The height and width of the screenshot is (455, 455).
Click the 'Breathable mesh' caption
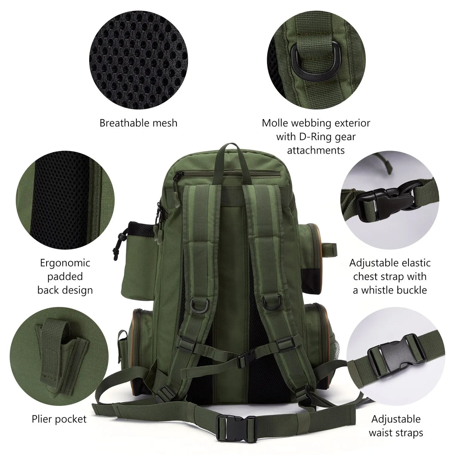click(x=138, y=123)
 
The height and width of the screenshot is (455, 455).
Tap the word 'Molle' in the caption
click(x=277, y=123)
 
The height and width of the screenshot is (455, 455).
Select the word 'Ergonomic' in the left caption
click(x=65, y=263)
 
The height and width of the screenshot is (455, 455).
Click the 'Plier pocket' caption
click(x=59, y=419)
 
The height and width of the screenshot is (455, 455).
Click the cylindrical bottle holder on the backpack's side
click(x=137, y=259)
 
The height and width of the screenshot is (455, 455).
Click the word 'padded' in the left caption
click(x=65, y=276)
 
